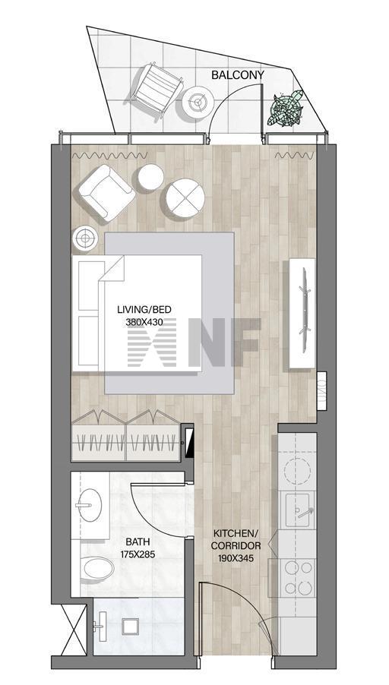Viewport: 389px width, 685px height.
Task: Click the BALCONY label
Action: coord(237,75)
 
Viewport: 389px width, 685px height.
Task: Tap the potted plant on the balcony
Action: coord(285,109)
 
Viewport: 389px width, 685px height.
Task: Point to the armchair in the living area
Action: coord(106,192)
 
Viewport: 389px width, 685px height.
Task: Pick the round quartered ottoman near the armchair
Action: coord(185,198)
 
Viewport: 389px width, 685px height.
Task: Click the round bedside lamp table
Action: coord(85,238)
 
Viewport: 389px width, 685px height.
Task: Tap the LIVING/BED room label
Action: coord(144,310)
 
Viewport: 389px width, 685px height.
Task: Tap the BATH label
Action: coord(138,542)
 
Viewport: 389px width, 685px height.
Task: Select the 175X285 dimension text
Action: coord(138,554)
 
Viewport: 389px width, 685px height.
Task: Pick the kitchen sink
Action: coord(300,510)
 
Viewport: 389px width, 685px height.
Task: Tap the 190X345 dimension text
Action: coord(236,558)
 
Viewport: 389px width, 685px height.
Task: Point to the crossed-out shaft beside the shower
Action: coord(74,630)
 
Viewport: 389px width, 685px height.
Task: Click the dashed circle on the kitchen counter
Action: coord(297,470)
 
